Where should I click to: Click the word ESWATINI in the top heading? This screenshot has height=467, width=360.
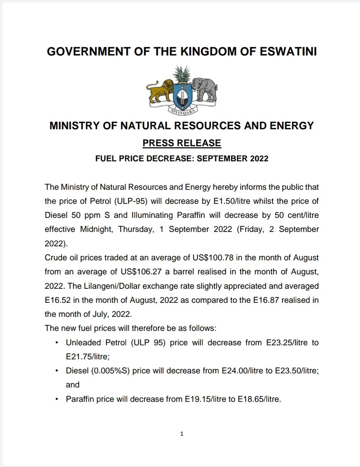coord(288,52)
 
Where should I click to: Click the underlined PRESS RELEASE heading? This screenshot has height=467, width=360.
coord(182,143)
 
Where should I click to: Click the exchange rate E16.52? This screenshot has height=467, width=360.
coord(58,300)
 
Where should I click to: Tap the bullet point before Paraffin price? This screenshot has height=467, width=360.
coord(58,399)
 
